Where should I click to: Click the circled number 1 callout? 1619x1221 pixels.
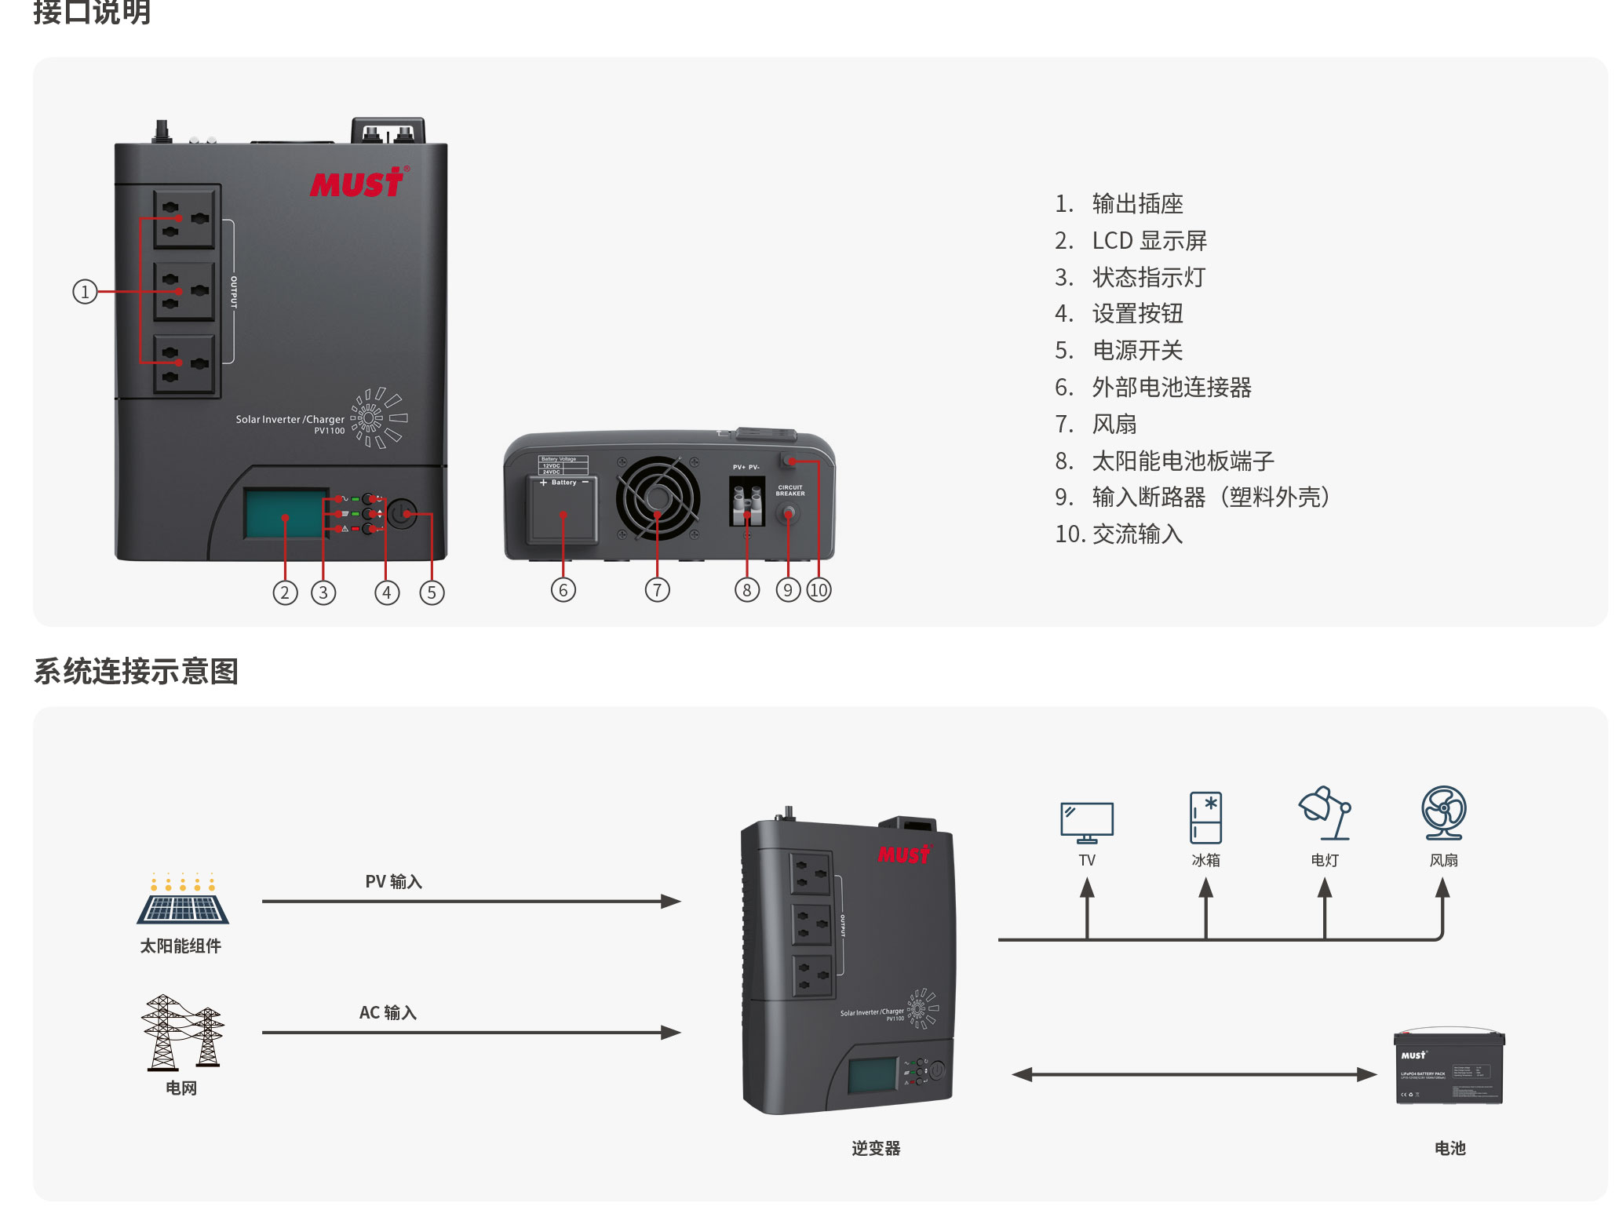85,292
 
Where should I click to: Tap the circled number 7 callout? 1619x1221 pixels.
657,590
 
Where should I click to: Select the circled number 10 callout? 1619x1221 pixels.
819,590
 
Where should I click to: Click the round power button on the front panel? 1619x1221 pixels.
403,514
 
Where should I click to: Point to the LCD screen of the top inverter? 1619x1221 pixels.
285,514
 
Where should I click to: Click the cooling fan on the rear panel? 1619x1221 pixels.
658,498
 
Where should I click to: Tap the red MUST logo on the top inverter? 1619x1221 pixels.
358,183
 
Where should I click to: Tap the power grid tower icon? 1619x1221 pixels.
182,1032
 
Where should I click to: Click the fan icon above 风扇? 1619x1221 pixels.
1443,813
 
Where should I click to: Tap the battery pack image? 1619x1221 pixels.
1449,1068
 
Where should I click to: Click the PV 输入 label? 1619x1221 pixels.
394,882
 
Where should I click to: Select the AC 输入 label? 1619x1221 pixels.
388,1013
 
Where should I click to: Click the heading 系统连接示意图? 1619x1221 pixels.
136,672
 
